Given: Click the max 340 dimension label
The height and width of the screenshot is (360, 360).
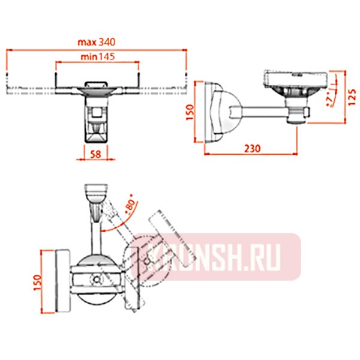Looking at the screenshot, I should point(96,42).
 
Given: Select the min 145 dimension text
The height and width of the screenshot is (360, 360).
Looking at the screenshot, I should point(97,56).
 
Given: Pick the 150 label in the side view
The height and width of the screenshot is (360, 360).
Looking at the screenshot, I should point(190,112).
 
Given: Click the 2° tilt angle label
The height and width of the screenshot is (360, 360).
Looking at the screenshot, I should point(329,98).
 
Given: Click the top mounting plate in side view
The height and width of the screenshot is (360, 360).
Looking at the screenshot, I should point(296,79).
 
